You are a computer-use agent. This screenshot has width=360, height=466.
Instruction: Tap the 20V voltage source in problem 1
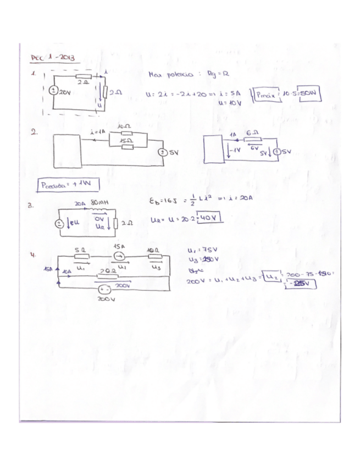coord(53,92)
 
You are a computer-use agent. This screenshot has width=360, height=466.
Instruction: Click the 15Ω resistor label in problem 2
coord(126,140)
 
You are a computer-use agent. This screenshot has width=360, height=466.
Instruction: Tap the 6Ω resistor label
coord(254,133)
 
